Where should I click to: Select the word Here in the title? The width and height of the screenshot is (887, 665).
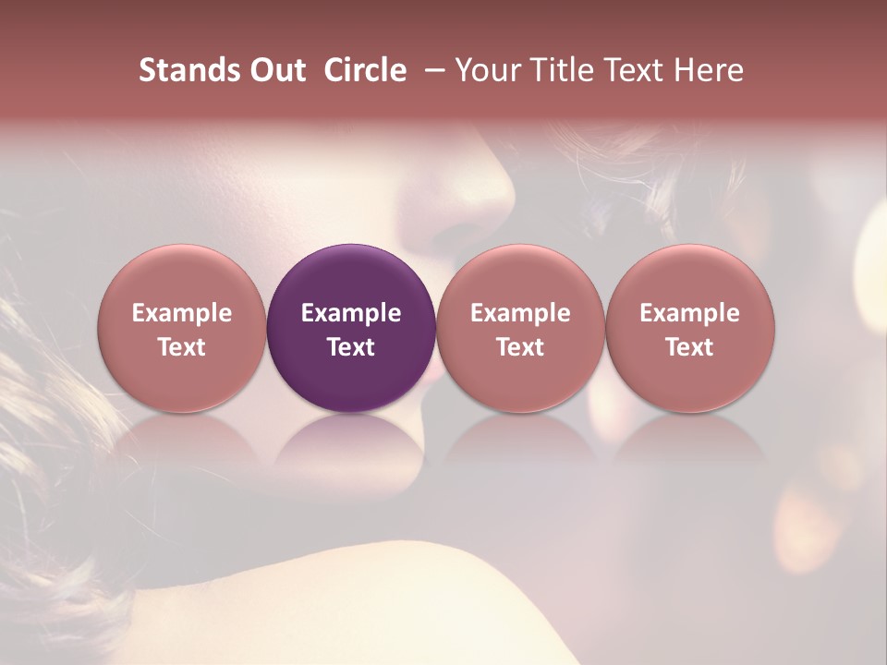709,70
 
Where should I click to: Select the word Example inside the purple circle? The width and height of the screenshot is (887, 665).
351,313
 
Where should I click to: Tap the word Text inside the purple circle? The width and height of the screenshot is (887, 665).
351,347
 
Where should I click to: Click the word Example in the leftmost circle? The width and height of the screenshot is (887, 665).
182,313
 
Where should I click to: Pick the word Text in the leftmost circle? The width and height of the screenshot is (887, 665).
182,347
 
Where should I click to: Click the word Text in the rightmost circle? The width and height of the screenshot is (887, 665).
690,347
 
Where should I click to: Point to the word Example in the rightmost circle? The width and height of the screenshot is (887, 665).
690,313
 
